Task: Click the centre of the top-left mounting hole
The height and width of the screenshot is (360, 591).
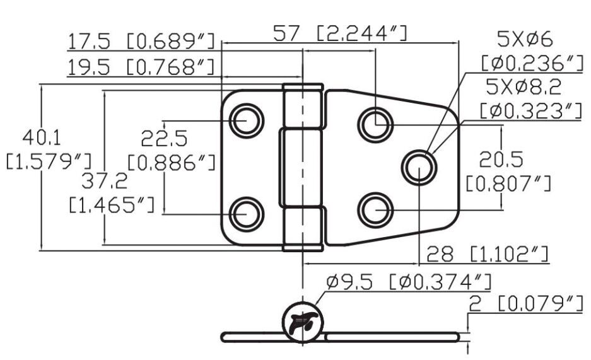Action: click(x=247, y=121)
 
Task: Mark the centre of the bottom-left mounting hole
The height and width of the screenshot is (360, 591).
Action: click(x=247, y=214)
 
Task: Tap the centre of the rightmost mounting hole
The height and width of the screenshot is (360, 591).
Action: click(x=419, y=168)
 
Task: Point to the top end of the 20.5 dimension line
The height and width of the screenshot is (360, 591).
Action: click(x=501, y=125)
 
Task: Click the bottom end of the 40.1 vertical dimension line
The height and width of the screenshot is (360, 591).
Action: click(x=42, y=250)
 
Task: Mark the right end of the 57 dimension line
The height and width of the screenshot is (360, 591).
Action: click(x=459, y=43)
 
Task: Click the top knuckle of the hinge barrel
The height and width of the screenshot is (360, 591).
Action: click(x=303, y=105)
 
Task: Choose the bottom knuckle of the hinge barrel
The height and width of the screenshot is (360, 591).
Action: click(x=303, y=228)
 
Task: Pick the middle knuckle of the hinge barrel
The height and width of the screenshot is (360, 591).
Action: click(x=300, y=167)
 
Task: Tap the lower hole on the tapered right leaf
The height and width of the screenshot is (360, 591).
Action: click(x=375, y=210)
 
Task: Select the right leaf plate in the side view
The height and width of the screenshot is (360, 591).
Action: click(x=392, y=337)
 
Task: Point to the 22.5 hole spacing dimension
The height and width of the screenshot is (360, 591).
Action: click(x=164, y=139)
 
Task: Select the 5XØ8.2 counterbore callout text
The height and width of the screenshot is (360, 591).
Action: click(x=524, y=87)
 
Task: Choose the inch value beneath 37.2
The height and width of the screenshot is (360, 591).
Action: click(x=112, y=205)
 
